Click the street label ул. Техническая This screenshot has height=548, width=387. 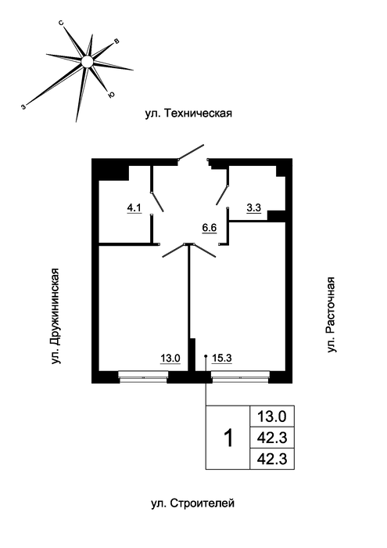(188, 114)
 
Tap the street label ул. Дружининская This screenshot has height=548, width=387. (56, 316)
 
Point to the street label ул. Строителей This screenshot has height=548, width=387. (192, 503)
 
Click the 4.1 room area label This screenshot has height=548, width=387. (134, 208)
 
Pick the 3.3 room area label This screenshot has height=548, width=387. (253, 208)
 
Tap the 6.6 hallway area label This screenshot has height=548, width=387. (210, 228)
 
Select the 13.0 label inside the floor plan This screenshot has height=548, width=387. (170, 359)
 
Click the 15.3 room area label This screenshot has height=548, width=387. (222, 359)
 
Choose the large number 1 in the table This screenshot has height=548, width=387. (228, 438)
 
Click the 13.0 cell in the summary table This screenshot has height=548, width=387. (272, 416)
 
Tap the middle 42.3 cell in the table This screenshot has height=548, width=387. (272, 437)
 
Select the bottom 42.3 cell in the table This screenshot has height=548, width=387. (272, 459)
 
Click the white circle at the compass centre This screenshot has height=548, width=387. (87, 62)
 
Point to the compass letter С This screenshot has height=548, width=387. (61, 23)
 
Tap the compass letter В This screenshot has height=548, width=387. (117, 41)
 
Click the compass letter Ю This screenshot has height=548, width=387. (111, 95)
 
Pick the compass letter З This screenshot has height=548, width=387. (23, 107)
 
